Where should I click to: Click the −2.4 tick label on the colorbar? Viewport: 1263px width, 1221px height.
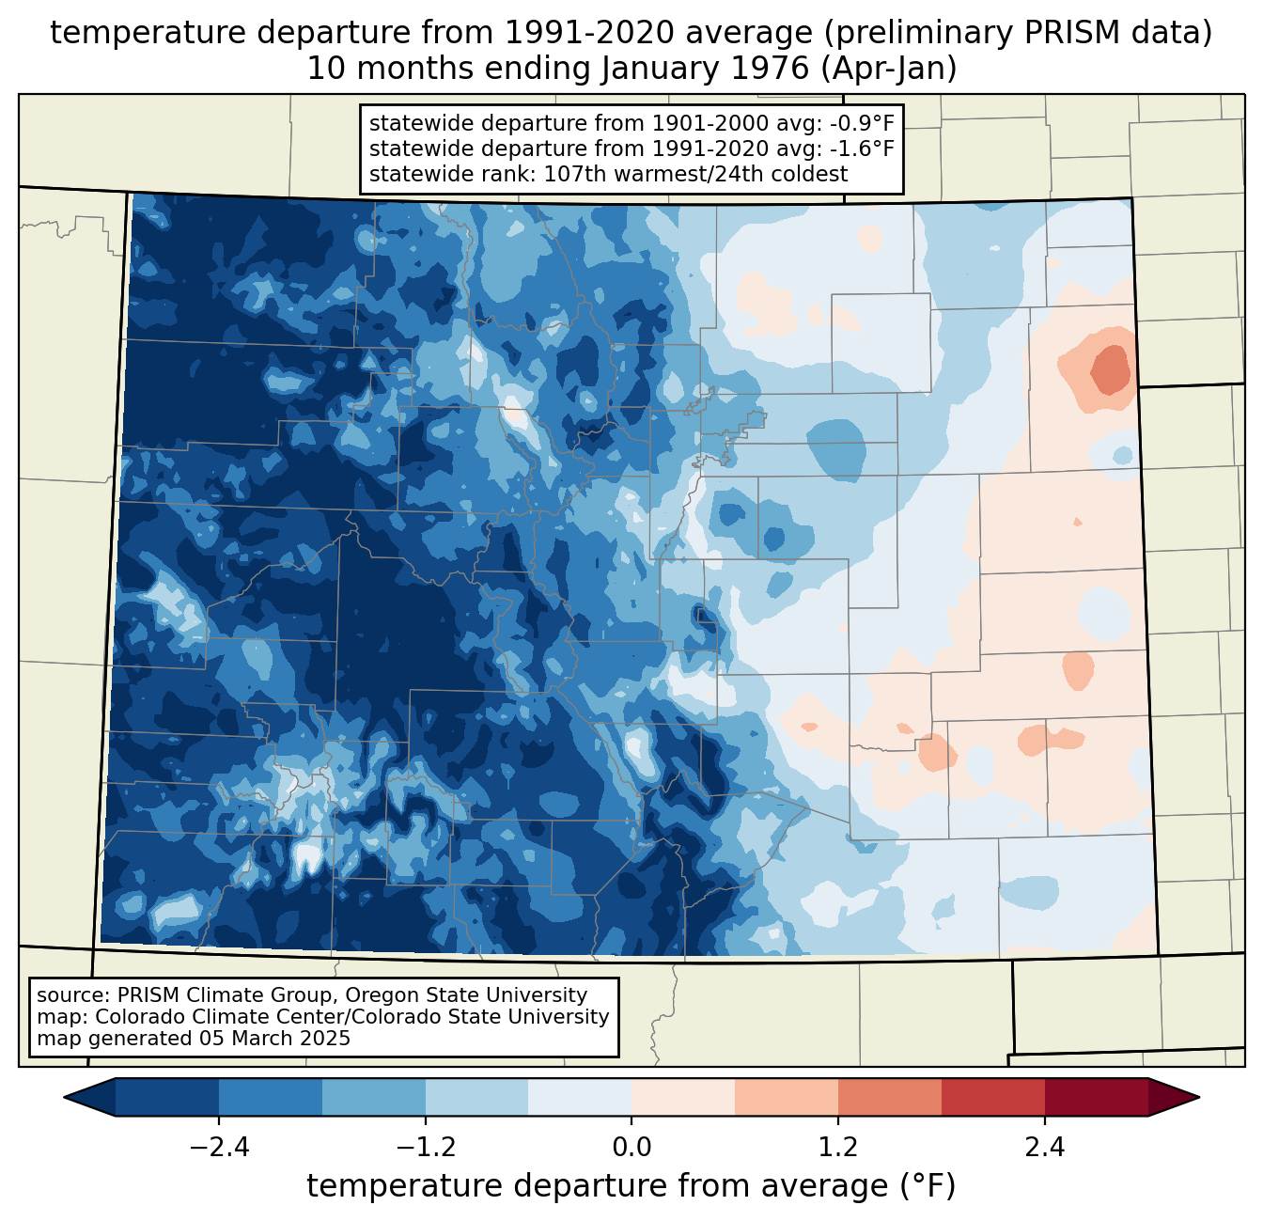(x=218, y=1148)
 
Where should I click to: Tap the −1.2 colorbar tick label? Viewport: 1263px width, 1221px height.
(x=425, y=1148)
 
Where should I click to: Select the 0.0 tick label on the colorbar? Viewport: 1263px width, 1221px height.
(x=631, y=1148)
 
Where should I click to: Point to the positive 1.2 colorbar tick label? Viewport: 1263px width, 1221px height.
(x=838, y=1148)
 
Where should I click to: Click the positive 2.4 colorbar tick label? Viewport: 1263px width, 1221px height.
(x=1044, y=1148)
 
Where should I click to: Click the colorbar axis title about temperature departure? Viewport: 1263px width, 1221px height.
(x=631, y=1186)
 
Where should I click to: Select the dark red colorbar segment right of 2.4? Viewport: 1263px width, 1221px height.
(x=1096, y=1097)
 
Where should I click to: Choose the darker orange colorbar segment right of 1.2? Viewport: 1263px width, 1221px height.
(x=889, y=1097)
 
